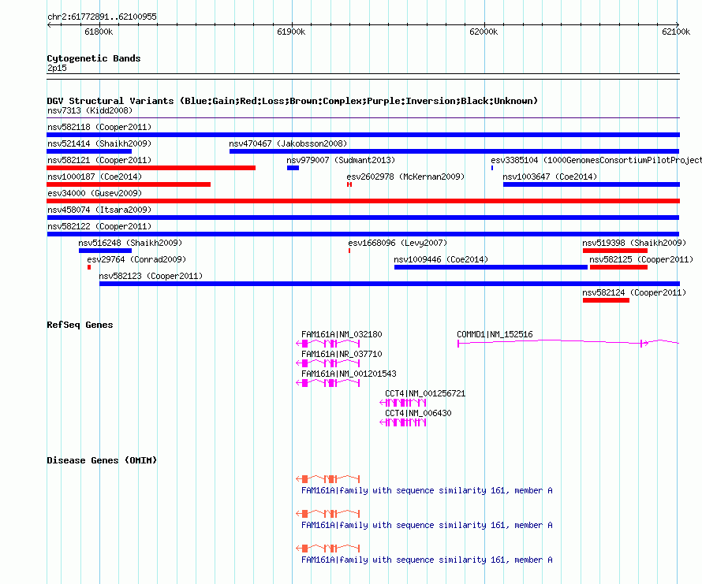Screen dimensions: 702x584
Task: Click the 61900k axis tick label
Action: tap(291, 32)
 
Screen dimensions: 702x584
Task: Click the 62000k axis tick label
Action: tap(484, 32)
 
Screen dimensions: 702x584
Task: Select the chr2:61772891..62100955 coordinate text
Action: tap(102, 17)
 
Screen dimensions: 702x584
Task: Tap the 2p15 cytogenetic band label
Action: tap(57, 68)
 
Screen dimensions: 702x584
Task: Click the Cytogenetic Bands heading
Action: tap(94, 58)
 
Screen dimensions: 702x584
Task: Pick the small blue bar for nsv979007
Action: tap(293, 168)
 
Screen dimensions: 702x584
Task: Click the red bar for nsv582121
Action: tap(151, 168)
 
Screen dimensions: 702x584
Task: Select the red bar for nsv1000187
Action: tap(129, 184)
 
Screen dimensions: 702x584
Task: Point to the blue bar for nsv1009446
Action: tap(491, 267)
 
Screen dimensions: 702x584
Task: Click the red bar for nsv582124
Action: tap(606, 300)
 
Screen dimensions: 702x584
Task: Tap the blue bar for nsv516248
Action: tap(105, 251)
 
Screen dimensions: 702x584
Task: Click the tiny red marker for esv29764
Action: tap(89, 267)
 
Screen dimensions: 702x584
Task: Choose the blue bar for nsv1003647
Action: tap(592, 184)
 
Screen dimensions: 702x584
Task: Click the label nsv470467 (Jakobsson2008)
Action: tap(288, 143)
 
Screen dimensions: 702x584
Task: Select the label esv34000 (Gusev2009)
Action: tap(95, 193)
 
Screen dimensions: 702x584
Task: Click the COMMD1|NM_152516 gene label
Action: tap(495, 334)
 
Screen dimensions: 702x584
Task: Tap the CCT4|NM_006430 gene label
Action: tap(418, 413)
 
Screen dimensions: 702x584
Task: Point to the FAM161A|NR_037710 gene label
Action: tap(342, 354)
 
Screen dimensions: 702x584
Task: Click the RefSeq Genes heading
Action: tap(80, 325)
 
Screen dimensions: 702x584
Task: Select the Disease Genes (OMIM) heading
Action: tap(102, 460)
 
